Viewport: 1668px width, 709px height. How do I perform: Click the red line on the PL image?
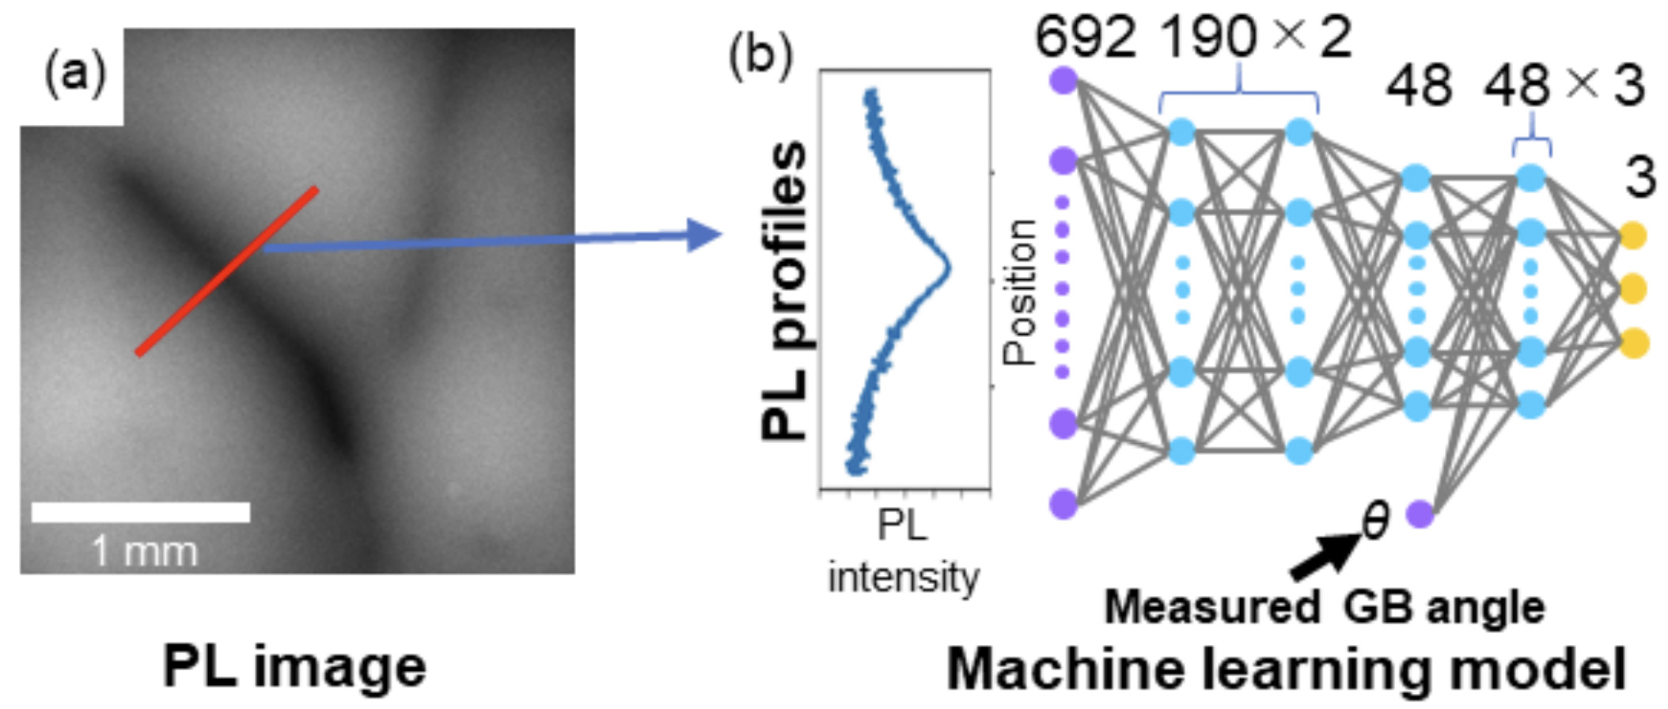[x=227, y=271]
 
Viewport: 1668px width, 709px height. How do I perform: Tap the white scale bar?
[x=141, y=512]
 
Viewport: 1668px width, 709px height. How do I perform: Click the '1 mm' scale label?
[x=144, y=551]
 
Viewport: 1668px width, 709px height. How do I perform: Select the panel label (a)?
[x=74, y=76]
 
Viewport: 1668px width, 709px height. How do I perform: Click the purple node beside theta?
[x=1420, y=515]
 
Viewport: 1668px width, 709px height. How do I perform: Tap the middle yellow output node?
[x=1633, y=289]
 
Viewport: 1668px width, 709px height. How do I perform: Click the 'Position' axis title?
[x=1020, y=293]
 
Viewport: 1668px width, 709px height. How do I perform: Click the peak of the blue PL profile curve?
[x=948, y=270]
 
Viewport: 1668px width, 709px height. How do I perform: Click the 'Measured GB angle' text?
[x=1324, y=608]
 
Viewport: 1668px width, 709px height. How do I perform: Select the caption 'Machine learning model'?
[x=1286, y=669]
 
